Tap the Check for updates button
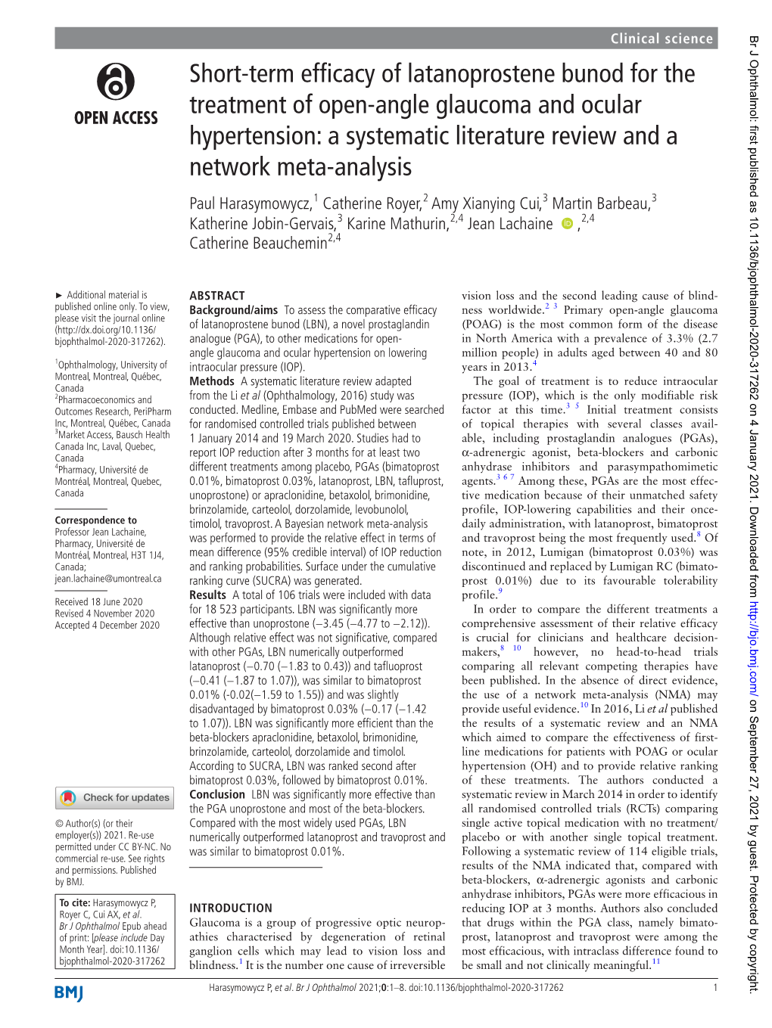coord(115,797)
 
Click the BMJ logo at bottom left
coord(69,993)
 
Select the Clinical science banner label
coord(661,39)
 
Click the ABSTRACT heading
coord(217,296)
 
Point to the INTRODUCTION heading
coord(231,908)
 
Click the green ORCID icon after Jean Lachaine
coord(567,224)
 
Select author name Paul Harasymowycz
coord(250,203)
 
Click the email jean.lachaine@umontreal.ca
coord(107,579)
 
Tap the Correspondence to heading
coord(96,520)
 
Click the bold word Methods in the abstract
coord(212,381)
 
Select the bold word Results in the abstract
coord(208,595)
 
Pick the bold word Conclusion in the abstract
coord(217,794)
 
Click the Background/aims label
coord(233,310)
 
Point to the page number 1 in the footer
coord(714,987)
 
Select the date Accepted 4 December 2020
coord(107,626)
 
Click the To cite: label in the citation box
coord(75,902)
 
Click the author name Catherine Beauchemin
coord(258,244)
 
